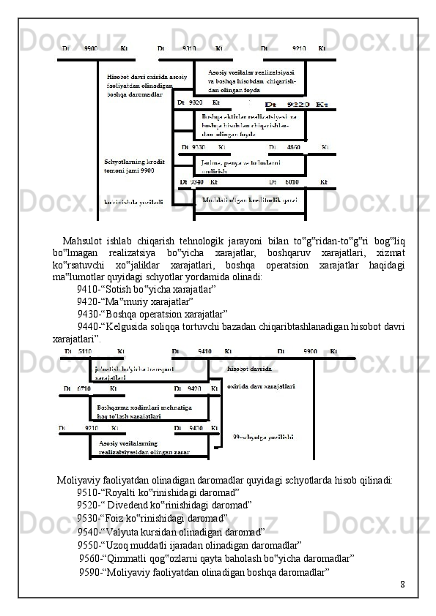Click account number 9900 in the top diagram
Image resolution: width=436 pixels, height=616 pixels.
(91, 48)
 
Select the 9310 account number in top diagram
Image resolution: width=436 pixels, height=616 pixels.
(189, 48)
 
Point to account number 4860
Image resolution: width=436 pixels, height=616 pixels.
(294, 148)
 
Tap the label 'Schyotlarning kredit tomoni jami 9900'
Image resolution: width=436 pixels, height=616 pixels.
(134, 165)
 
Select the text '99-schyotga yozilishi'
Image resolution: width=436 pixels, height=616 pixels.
(265, 437)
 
